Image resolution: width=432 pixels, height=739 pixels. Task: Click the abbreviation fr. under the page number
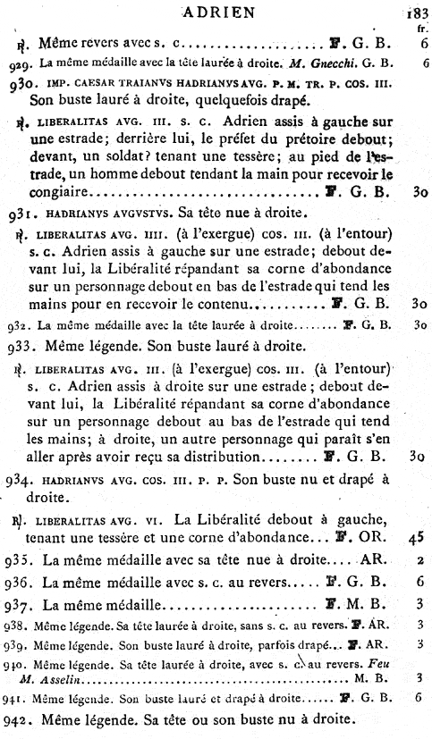tap(420, 27)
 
